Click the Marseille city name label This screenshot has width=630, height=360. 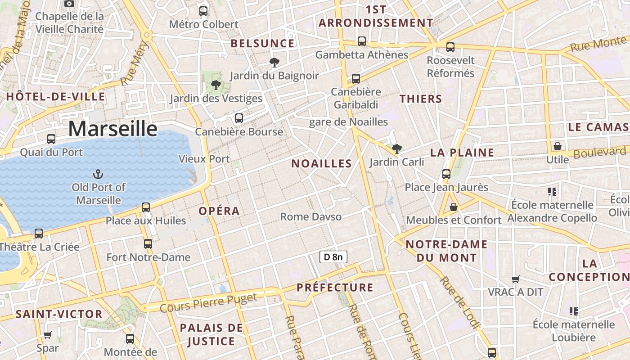pyautogui.click(x=113, y=129)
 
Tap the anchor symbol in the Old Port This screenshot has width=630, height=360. pyautogui.click(x=98, y=174)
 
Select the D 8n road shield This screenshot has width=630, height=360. pyautogui.click(x=333, y=257)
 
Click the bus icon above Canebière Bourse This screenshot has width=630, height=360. pyautogui.click(x=239, y=118)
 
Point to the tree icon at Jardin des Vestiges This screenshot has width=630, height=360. pyautogui.click(x=216, y=85)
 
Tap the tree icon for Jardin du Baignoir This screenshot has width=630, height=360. pyautogui.click(x=274, y=62)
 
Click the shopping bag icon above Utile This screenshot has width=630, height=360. pyautogui.click(x=557, y=146)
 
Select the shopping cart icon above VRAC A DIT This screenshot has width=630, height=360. pyautogui.click(x=516, y=279)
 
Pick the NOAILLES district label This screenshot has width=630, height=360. pyautogui.click(x=321, y=164)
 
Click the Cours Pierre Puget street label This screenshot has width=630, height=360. pyautogui.click(x=208, y=302)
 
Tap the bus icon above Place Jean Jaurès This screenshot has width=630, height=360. pyautogui.click(x=446, y=174)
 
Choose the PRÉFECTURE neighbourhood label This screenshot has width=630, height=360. pyautogui.click(x=335, y=288)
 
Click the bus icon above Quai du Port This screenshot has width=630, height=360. pyautogui.click(x=51, y=139)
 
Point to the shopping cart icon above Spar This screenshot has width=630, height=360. pyautogui.click(x=47, y=335)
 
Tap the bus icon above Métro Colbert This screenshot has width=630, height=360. pyautogui.click(x=203, y=11)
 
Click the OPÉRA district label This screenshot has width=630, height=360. pyautogui.click(x=219, y=211)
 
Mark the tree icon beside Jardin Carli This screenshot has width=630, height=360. pyautogui.click(x=396, y=148)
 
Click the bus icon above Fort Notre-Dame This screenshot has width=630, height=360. pyautogui.click(x=148, y=244)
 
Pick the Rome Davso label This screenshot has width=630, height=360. pyautogui.click(x=310, y=217)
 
